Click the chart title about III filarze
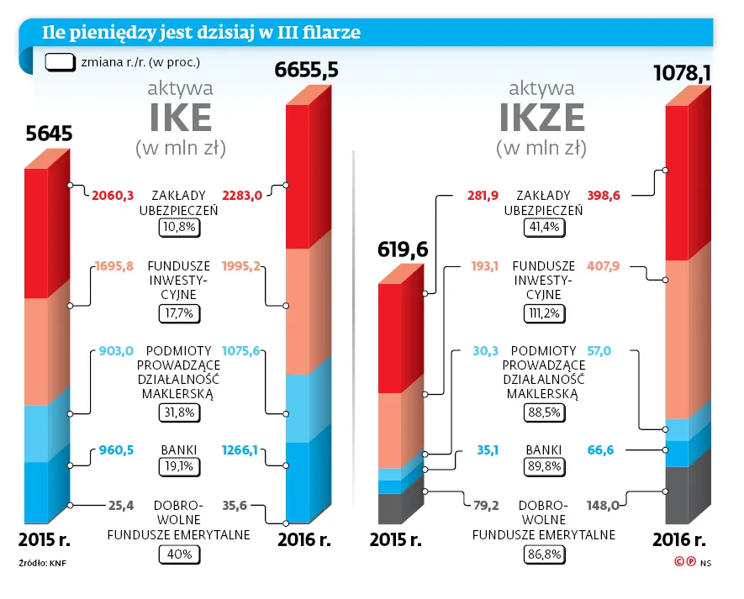coord(202,33)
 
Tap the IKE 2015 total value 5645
coord(49,134)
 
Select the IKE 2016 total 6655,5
coord(307,71)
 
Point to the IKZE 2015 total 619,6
coord(403,250)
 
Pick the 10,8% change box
coord(178,227)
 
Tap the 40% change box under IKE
coord(179,554)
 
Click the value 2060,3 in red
coord(112,195)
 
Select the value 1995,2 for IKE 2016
coord(242,267)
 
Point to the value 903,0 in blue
coord(116,351)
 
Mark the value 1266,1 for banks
coord(242,450)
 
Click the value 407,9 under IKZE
coord(604,267)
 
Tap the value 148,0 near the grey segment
coord(604,505)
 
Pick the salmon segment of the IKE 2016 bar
coord(298,311)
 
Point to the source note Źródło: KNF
coord(42,563)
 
